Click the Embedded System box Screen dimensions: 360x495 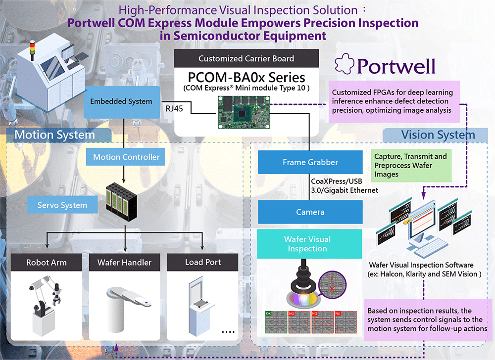(x=121, y=102)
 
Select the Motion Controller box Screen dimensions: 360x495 (x=126, y=157)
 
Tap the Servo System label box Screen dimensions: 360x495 (x=62, y=205)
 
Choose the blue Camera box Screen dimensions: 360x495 (x=310, y=212)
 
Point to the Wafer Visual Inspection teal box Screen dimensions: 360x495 (x=307, y=244)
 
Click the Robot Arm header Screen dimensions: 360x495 (x=47, y=262)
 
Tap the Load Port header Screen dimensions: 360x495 (x=203, y=262)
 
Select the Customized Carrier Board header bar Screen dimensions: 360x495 (x=246, y=58)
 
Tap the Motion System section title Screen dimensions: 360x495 (x=54, y=135)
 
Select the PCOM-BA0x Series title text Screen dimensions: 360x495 (x=246, y=78)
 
